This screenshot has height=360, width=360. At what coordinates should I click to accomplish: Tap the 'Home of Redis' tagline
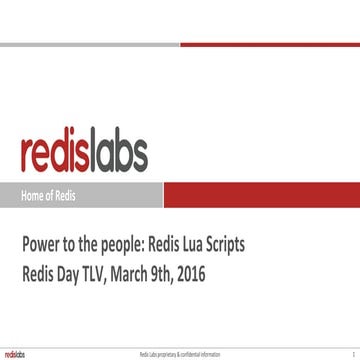(49, 195)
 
